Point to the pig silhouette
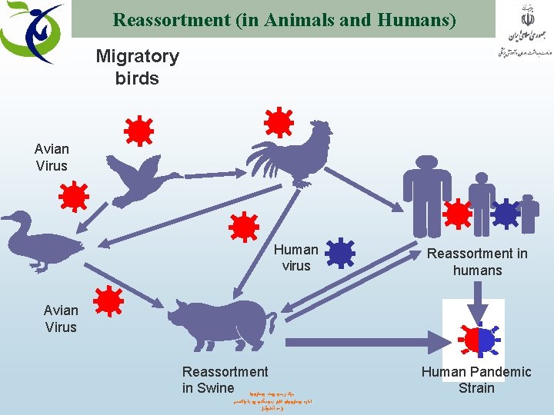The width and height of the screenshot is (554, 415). [219, 323]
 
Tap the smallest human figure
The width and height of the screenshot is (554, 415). [529, 212]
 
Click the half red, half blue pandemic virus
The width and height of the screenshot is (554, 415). [477, 339]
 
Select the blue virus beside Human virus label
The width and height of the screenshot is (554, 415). [339, 253]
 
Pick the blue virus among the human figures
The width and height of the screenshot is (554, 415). [506, 212]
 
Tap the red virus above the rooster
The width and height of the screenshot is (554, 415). [278, 122]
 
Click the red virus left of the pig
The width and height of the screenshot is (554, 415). [108, 300]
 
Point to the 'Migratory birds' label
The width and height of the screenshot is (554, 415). [137, 67]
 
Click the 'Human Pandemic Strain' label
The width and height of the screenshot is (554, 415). [476, 380]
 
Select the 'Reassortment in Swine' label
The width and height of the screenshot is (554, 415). [225, 380]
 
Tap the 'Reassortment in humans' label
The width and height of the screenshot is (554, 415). [477, 261]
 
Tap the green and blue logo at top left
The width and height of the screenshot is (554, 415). [31, 32]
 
